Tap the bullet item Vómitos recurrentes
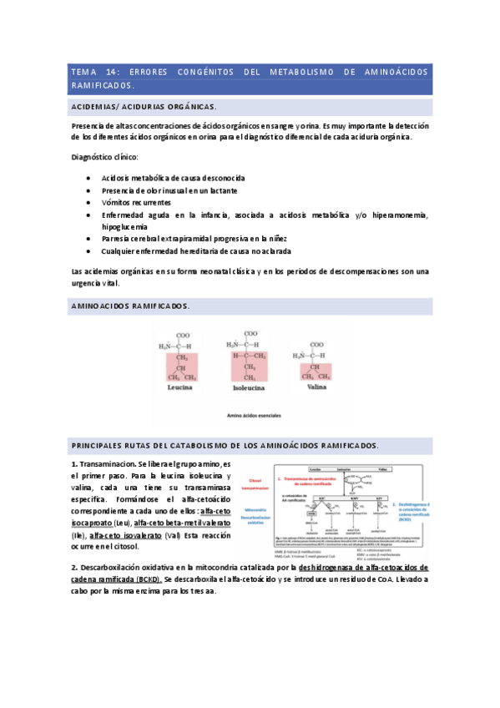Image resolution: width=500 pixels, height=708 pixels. click(x=136, y=202)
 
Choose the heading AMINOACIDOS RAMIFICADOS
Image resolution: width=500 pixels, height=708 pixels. click(x=130, y=306)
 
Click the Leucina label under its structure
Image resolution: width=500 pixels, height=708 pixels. click(x=180, y=388)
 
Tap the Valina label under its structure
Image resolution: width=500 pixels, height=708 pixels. click(x=318, y=388)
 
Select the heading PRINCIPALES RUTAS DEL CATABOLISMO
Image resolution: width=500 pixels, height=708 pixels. click(x=225, y=445)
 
